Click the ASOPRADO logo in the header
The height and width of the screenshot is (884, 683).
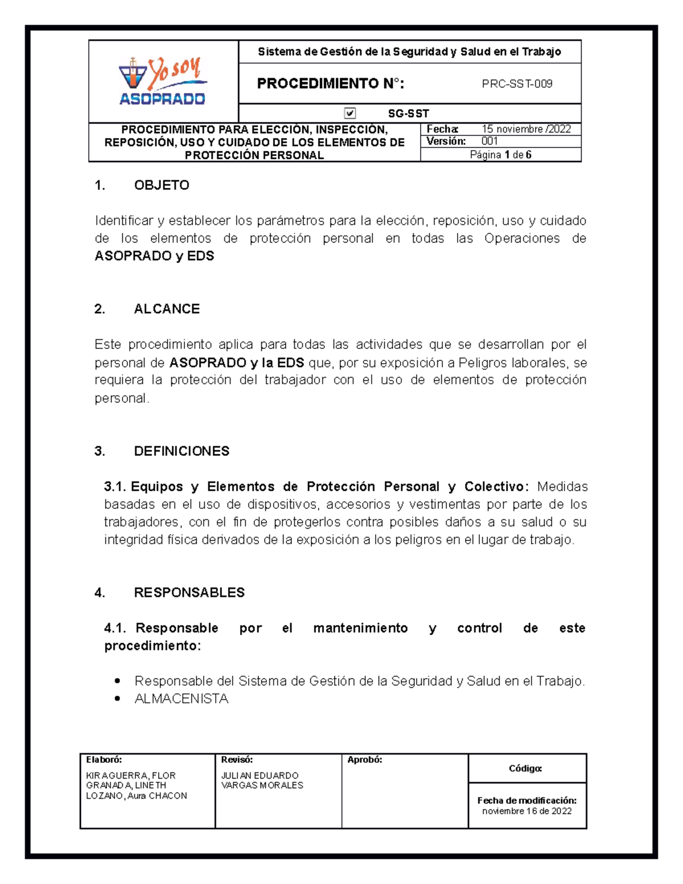[x=163, y=82]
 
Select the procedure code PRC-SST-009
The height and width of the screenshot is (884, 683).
[x=517, y=84]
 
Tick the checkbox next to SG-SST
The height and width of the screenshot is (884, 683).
[x=350, y=113]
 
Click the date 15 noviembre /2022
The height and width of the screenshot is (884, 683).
[x=526, y=129]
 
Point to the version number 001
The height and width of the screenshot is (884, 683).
[x=489, y=141]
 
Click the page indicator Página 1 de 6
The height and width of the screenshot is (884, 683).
[x=500, y=155]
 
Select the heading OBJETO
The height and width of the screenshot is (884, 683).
[x=162, y=185]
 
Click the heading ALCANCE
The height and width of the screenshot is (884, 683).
[x=167, y=309]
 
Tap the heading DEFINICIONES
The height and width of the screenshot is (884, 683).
[x=182, y=451]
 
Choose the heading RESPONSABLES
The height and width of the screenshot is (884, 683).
[x=189, y=593]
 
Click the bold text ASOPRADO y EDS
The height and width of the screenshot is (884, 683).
[x=154, y=256]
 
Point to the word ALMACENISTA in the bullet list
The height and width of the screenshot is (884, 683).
[x=181, y=698]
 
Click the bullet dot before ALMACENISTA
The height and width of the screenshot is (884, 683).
[x=117, y=698]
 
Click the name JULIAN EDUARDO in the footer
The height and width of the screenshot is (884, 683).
[x=260, y=775]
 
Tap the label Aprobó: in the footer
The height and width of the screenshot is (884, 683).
[x=364, y=759]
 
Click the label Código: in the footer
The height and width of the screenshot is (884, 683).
[x=525, y=768]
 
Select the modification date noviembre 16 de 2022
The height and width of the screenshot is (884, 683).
[x=526, y=811]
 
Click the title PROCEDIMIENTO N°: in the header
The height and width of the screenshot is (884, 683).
[x=331, y=84]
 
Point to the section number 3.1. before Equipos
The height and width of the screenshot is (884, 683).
[x=115, y=487]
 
